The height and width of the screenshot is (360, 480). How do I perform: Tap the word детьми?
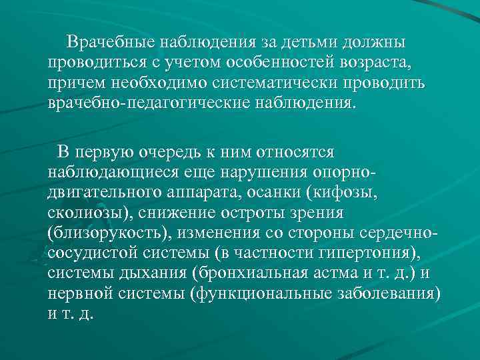[310, 43]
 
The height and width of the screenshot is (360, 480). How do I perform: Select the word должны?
[373, 43]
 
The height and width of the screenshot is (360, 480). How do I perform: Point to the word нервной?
[77, 294]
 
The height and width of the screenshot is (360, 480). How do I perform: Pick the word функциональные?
[262, 294]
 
